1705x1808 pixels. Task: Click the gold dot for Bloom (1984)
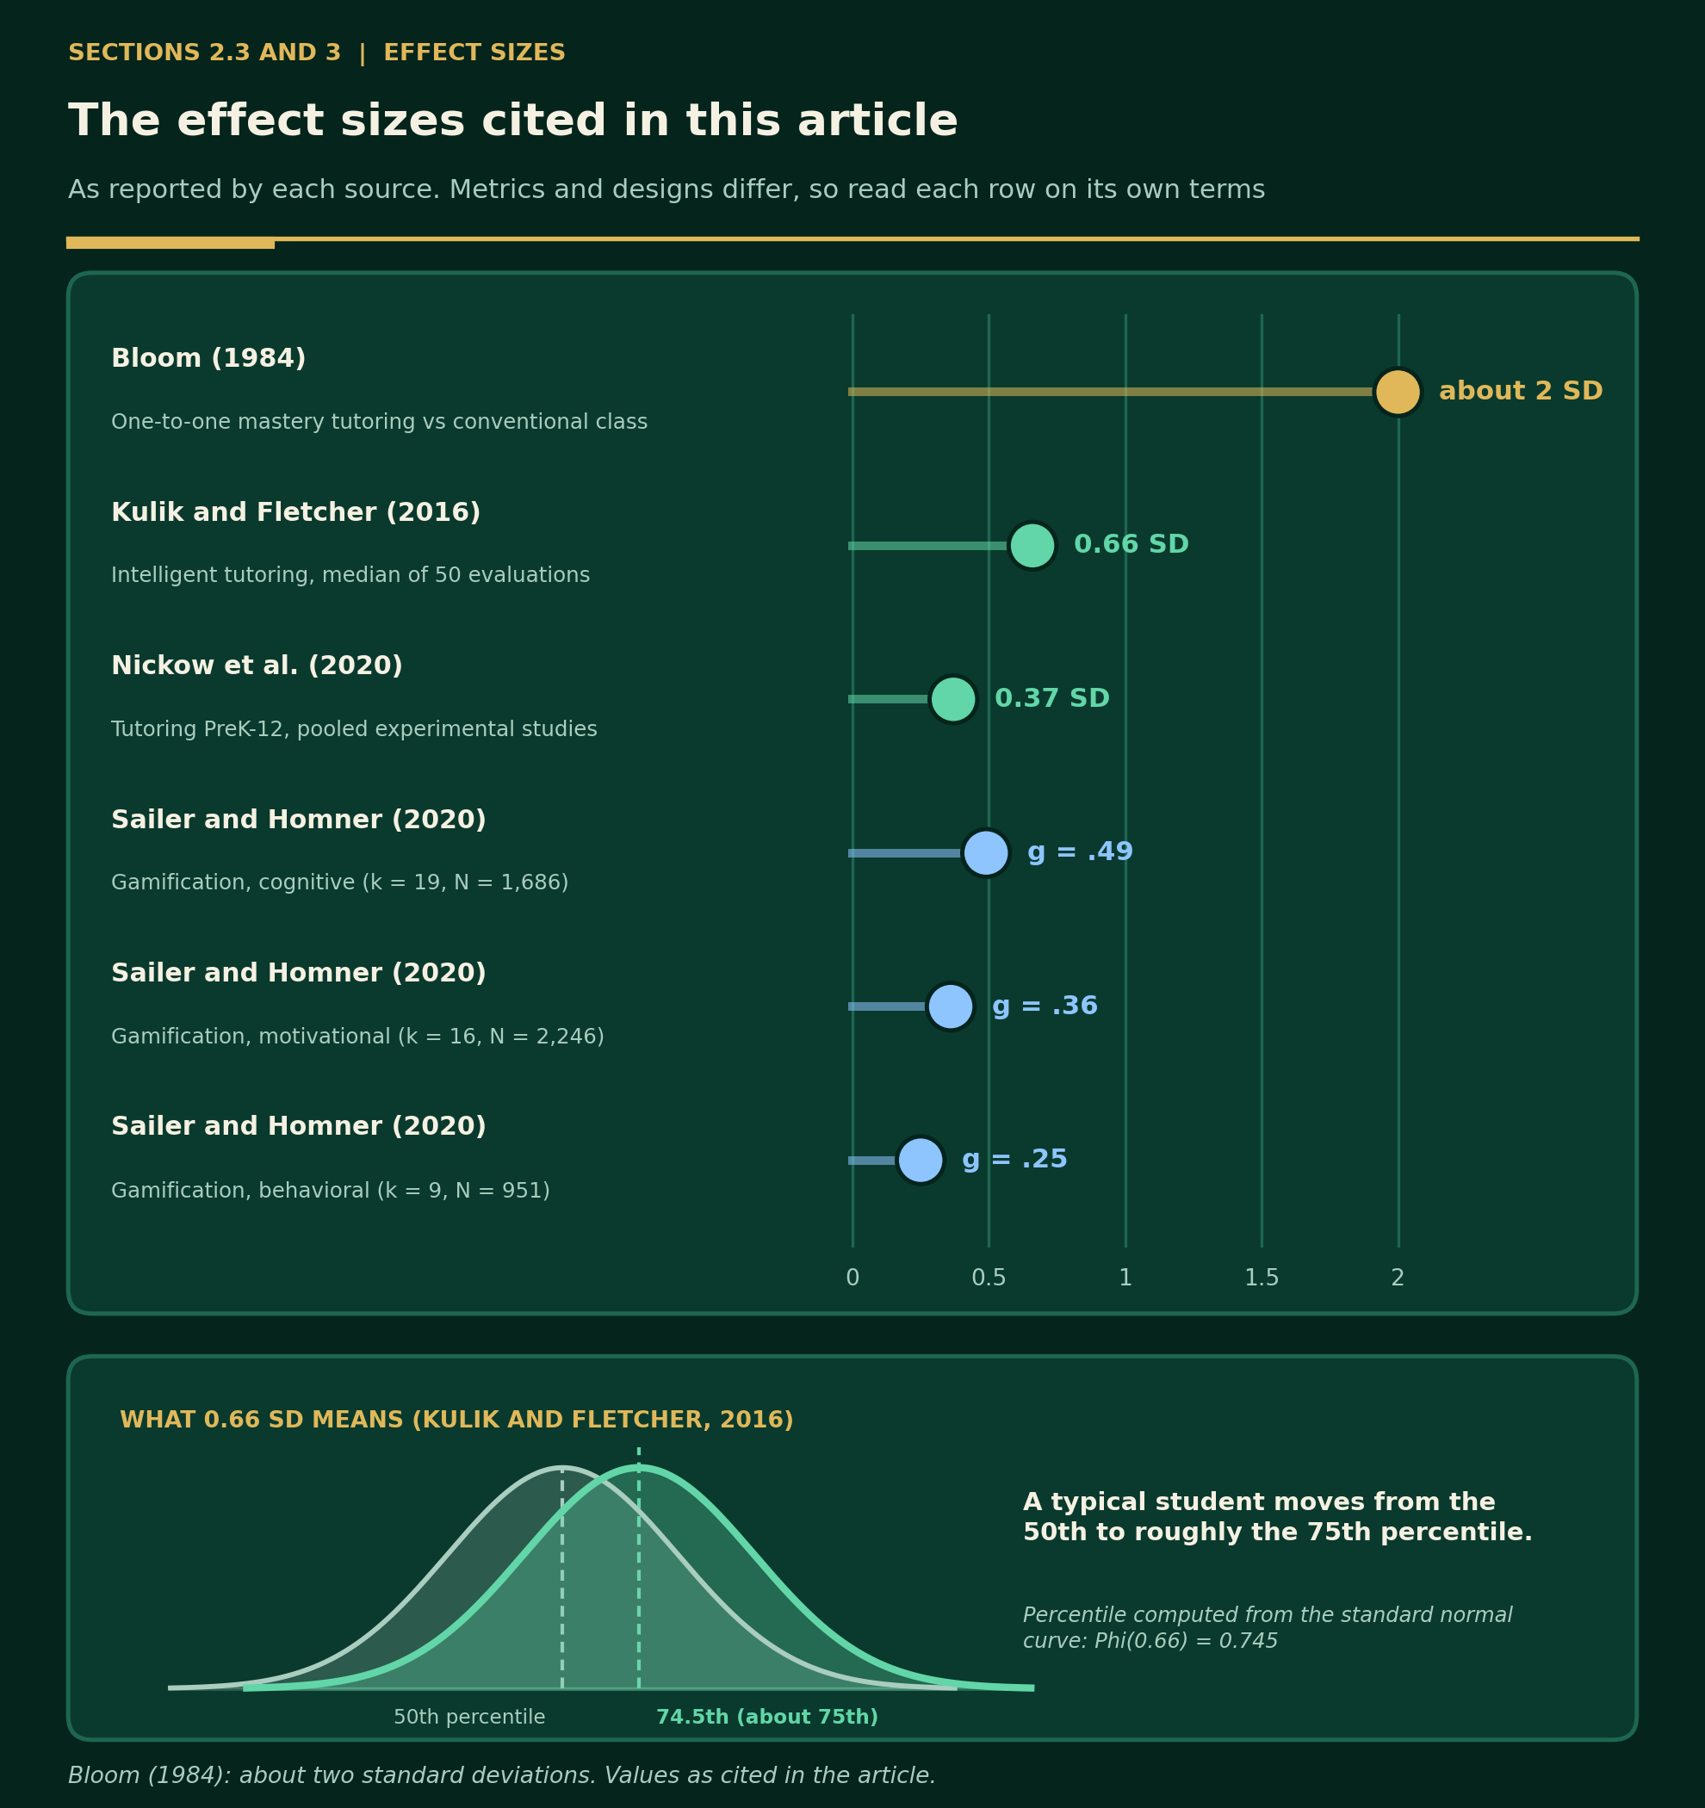1398,392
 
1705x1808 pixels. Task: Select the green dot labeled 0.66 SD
1032,546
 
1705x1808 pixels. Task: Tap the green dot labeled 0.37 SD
952,699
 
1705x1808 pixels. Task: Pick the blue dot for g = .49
985,853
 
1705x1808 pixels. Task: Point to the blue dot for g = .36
950,1006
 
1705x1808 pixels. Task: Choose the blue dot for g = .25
920,1161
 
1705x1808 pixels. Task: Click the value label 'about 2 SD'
1521,392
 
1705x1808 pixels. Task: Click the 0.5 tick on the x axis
988,1278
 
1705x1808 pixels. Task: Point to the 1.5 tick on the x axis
1261,1278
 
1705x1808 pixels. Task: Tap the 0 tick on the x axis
852,1278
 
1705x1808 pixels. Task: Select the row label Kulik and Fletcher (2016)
295,513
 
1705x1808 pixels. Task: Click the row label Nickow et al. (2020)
257,666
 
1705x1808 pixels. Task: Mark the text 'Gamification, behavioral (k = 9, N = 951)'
331,1191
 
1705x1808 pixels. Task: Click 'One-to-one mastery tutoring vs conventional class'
380,422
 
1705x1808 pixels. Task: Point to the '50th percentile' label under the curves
469,1717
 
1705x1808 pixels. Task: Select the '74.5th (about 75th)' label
767,1717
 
